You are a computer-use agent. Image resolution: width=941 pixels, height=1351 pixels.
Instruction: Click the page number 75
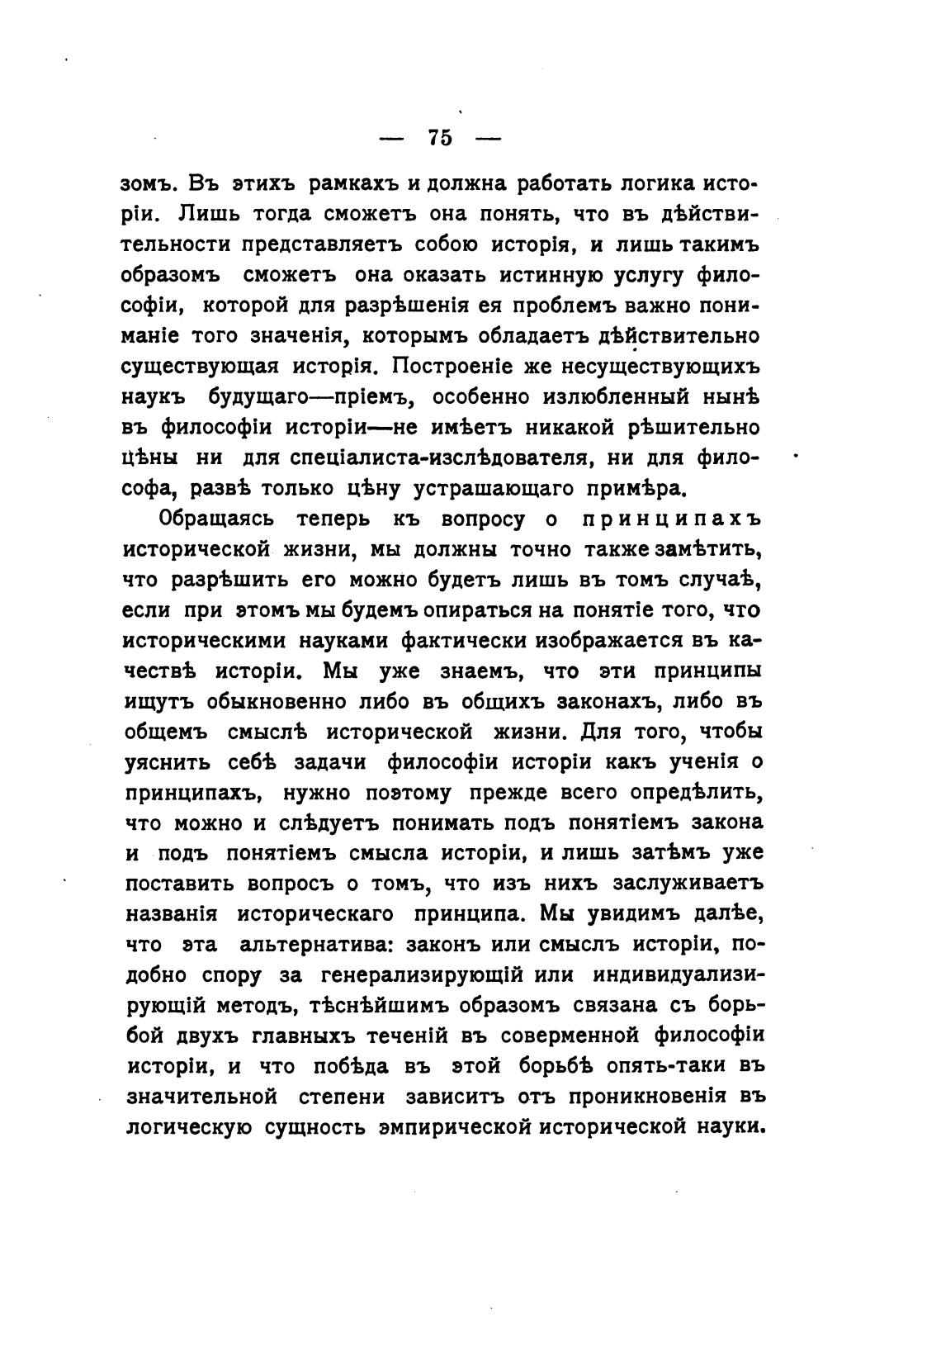[441, 138]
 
